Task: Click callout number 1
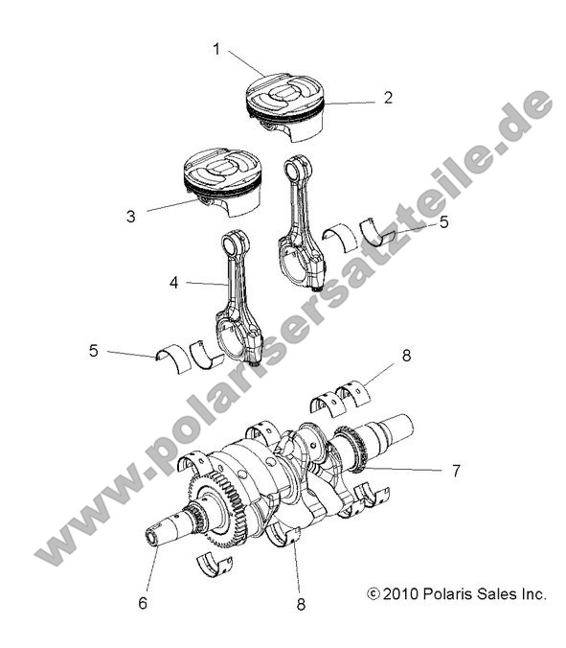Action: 216,49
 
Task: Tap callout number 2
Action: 388,97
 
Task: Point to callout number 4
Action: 174,283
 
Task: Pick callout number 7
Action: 456,470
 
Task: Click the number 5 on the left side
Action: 94,351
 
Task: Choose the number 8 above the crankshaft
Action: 406,355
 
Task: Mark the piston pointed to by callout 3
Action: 223,179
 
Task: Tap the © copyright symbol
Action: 374,595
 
